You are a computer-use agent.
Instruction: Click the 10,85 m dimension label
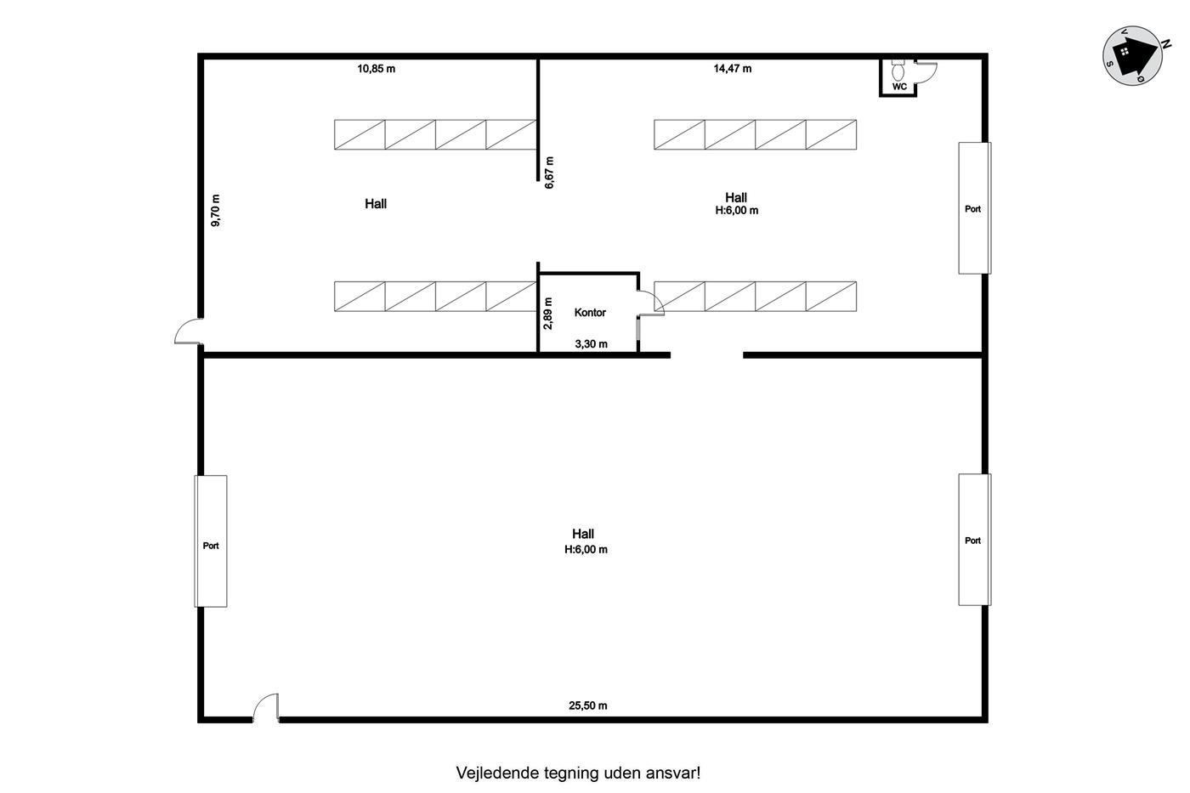pyautogui.click(x=376, y=69)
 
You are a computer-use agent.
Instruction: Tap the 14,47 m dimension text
pyautogui.click(x=733, y=69)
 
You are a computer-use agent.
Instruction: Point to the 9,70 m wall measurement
pyautogui.click(x=215, y=210)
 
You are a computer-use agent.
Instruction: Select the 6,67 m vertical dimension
pyautogui.click(x=549, y=173)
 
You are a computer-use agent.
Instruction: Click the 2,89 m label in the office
pyautogui.click(x=548, y=314)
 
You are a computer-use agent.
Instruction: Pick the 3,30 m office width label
pyautogui.click(x=592, y=344)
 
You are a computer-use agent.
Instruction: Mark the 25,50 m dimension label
pyautogui.click(x=588, y=706)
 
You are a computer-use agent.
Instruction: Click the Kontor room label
pyautogui.click(x=590, y=312)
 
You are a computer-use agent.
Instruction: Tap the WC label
pyautogui.click(x=899, y=87)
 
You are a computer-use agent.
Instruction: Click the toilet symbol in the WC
pyautogui.click(x=898, y=70)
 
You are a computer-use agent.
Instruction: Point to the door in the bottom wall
pyautogui.click(x=265, y=708)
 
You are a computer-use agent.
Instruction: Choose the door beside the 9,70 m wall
pyautogui.click(x=188, y=331)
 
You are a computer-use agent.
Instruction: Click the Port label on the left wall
pyautogui.click(x=211, y=546)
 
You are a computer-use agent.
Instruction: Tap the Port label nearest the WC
pyautogui.click(x=972, y=209)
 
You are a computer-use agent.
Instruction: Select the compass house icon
pyautogui.click(x=1132, y=56)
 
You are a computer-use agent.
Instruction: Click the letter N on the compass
pyautogui.click(x=1166, y=44)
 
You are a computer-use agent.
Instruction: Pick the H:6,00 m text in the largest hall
pyautogui.click(x=586, y=550)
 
